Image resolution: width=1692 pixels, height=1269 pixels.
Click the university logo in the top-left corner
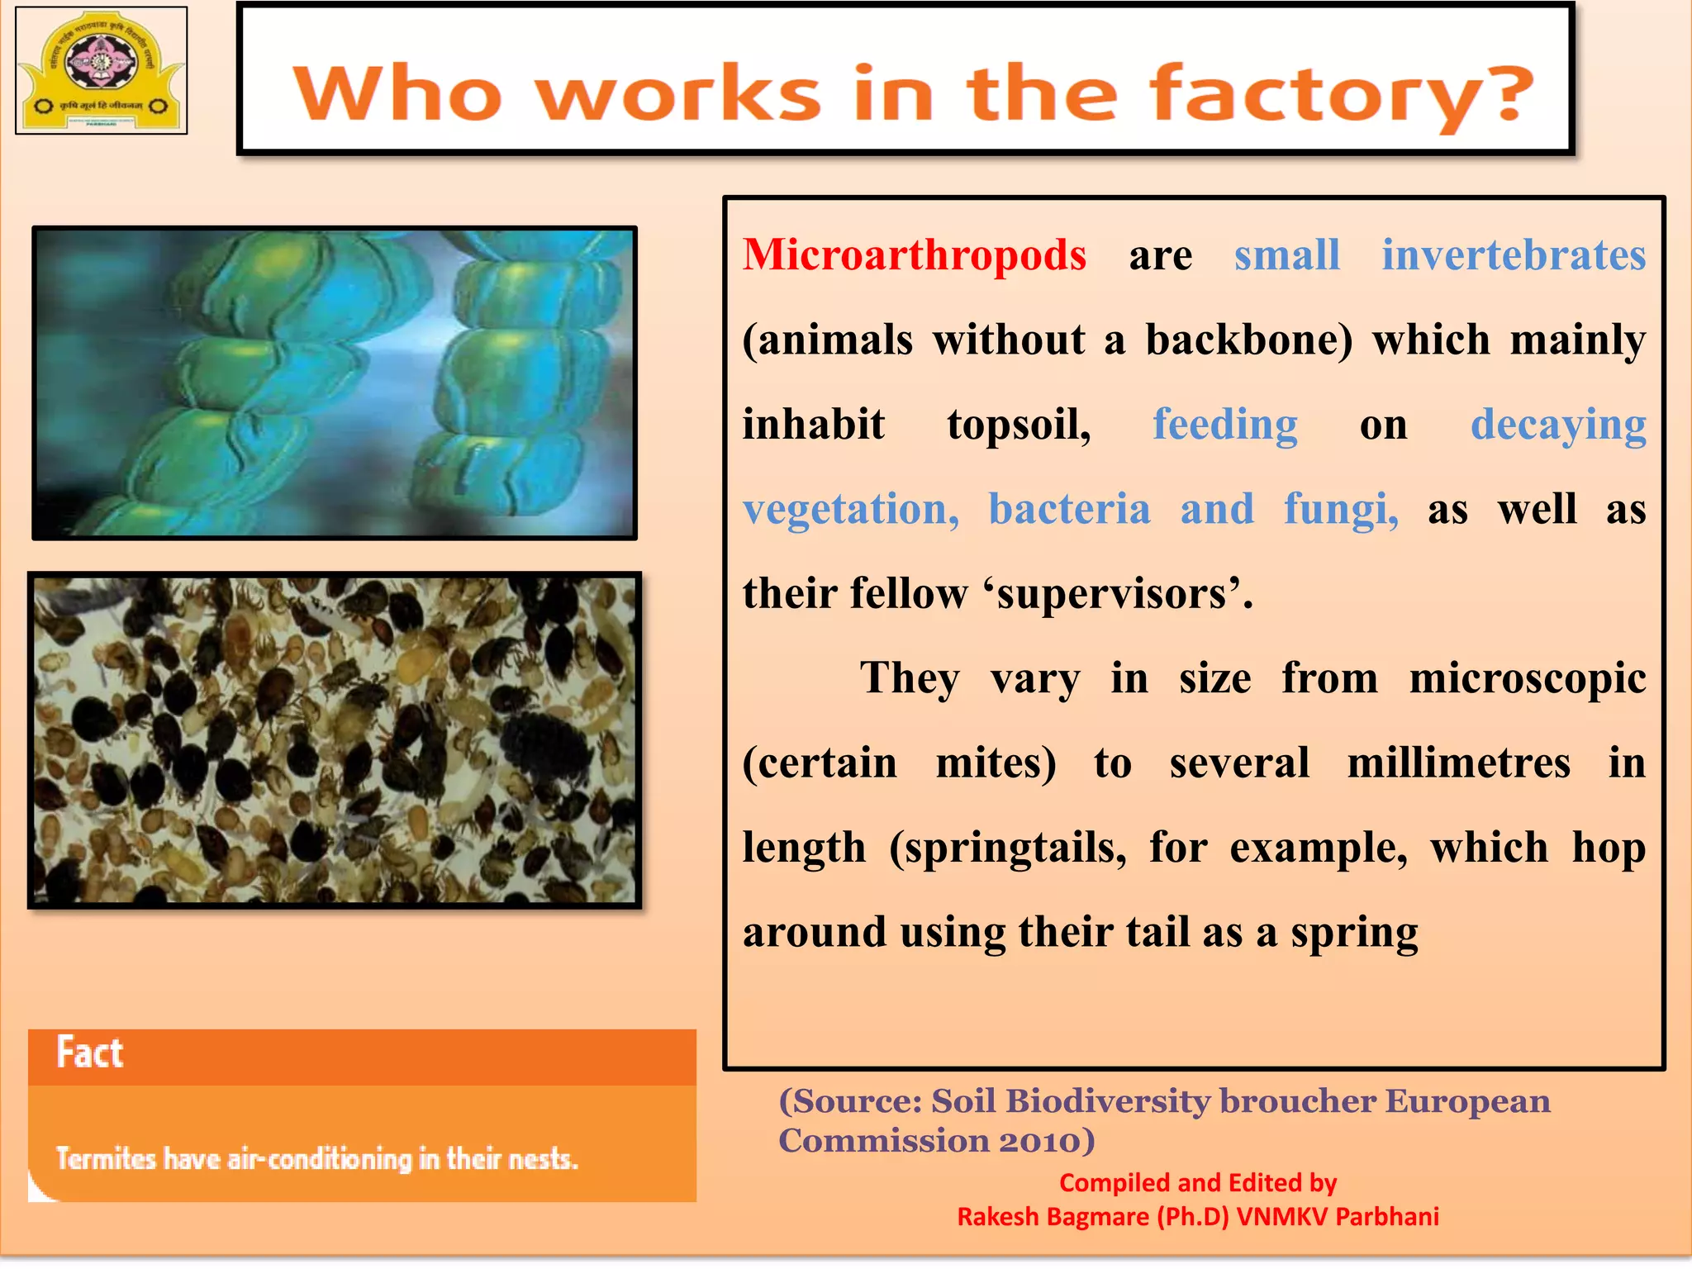tap(101, 70)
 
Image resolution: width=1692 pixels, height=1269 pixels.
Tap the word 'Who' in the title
tap(397, 94)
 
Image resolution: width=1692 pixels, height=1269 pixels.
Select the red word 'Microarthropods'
tap(914, 254)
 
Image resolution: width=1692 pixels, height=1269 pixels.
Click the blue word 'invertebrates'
tap(1514, 254)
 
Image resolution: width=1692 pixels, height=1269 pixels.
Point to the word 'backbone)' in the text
tap(1248, 340)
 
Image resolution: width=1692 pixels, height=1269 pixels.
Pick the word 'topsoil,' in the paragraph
tap(1019, 425)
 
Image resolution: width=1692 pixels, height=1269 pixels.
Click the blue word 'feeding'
tap(1225, 425)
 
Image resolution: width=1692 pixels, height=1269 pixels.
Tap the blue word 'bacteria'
tap(1069, 509)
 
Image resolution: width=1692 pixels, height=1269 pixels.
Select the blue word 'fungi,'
tap(1341, 509)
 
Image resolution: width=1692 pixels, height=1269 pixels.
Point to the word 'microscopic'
tap(1528, 678)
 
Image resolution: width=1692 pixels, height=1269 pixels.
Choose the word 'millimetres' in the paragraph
tap(1458, 763)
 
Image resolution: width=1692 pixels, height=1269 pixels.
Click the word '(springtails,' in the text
tap(1008, 848)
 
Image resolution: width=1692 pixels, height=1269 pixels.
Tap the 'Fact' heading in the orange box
tap(89, 1053)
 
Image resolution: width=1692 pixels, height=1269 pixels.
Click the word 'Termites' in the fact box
tap(106, 1159)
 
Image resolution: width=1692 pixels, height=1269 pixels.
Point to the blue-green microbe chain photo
tap(335, 383)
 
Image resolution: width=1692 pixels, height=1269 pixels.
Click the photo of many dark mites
tap(335, 740)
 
